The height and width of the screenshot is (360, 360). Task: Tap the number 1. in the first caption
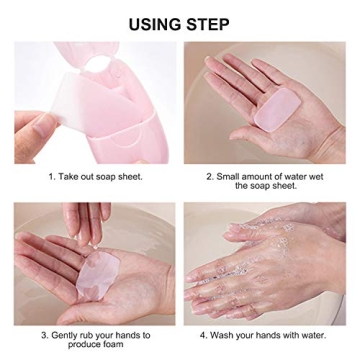click(51, 176)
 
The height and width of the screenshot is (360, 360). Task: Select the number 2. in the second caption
click(208, 176)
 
